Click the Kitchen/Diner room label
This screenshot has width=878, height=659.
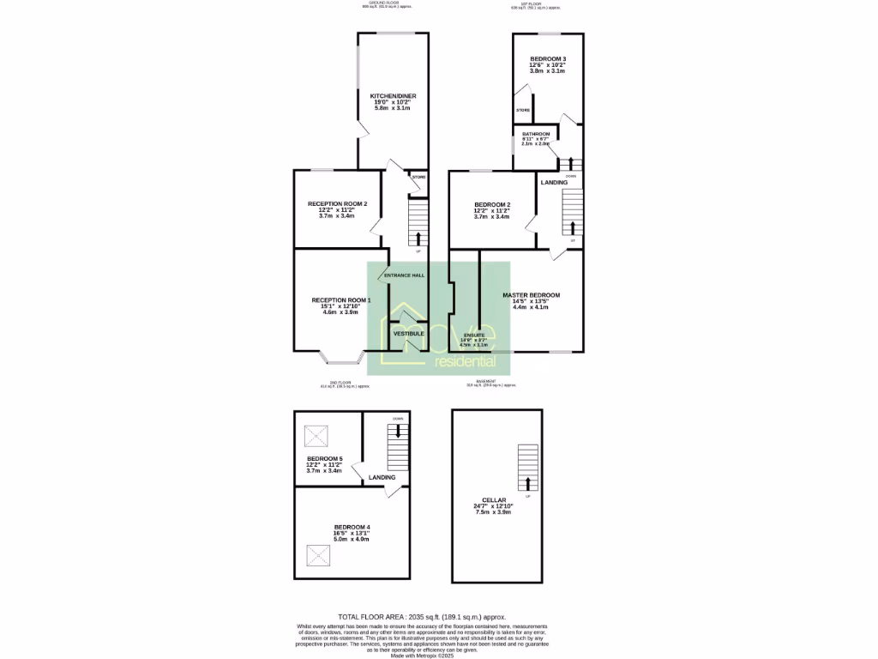point(393,95)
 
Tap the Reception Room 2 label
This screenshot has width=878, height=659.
point(337,203)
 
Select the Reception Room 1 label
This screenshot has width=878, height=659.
point(340,300)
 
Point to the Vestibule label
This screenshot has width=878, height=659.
point(408,333)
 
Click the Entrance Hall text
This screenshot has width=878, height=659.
point(404,275)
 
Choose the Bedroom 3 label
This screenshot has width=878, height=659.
point(547,58)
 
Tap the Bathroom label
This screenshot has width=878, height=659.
point(536,135)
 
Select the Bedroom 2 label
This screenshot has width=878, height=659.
point(492,204)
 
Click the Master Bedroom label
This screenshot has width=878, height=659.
point(531,295)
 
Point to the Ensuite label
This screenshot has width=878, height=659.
point(474,335)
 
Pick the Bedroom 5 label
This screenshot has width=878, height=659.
point(325,459)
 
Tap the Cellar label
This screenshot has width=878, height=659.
point(494,499)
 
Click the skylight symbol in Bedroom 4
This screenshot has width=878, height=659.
point(319,559)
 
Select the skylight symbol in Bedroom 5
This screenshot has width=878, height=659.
point(316,437)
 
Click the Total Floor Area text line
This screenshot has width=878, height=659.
point(421,617)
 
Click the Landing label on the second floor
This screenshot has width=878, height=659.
point(382,477)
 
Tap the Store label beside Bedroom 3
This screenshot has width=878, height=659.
point(522,111)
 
